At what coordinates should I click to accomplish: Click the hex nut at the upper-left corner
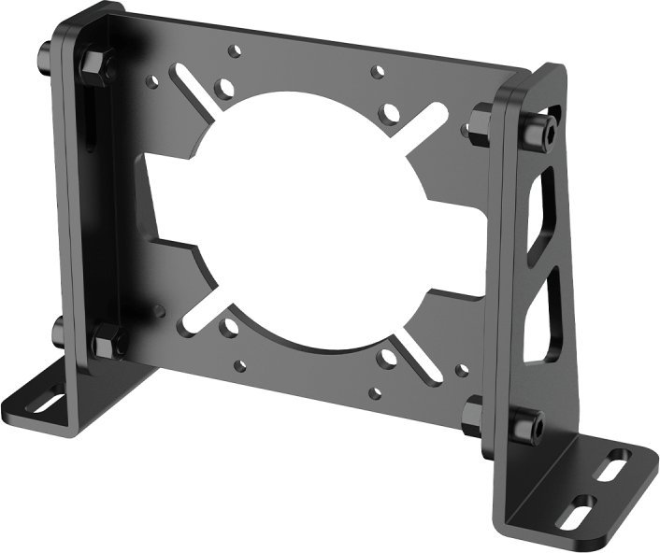[96, 64]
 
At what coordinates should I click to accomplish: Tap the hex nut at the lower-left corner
[108, 341]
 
